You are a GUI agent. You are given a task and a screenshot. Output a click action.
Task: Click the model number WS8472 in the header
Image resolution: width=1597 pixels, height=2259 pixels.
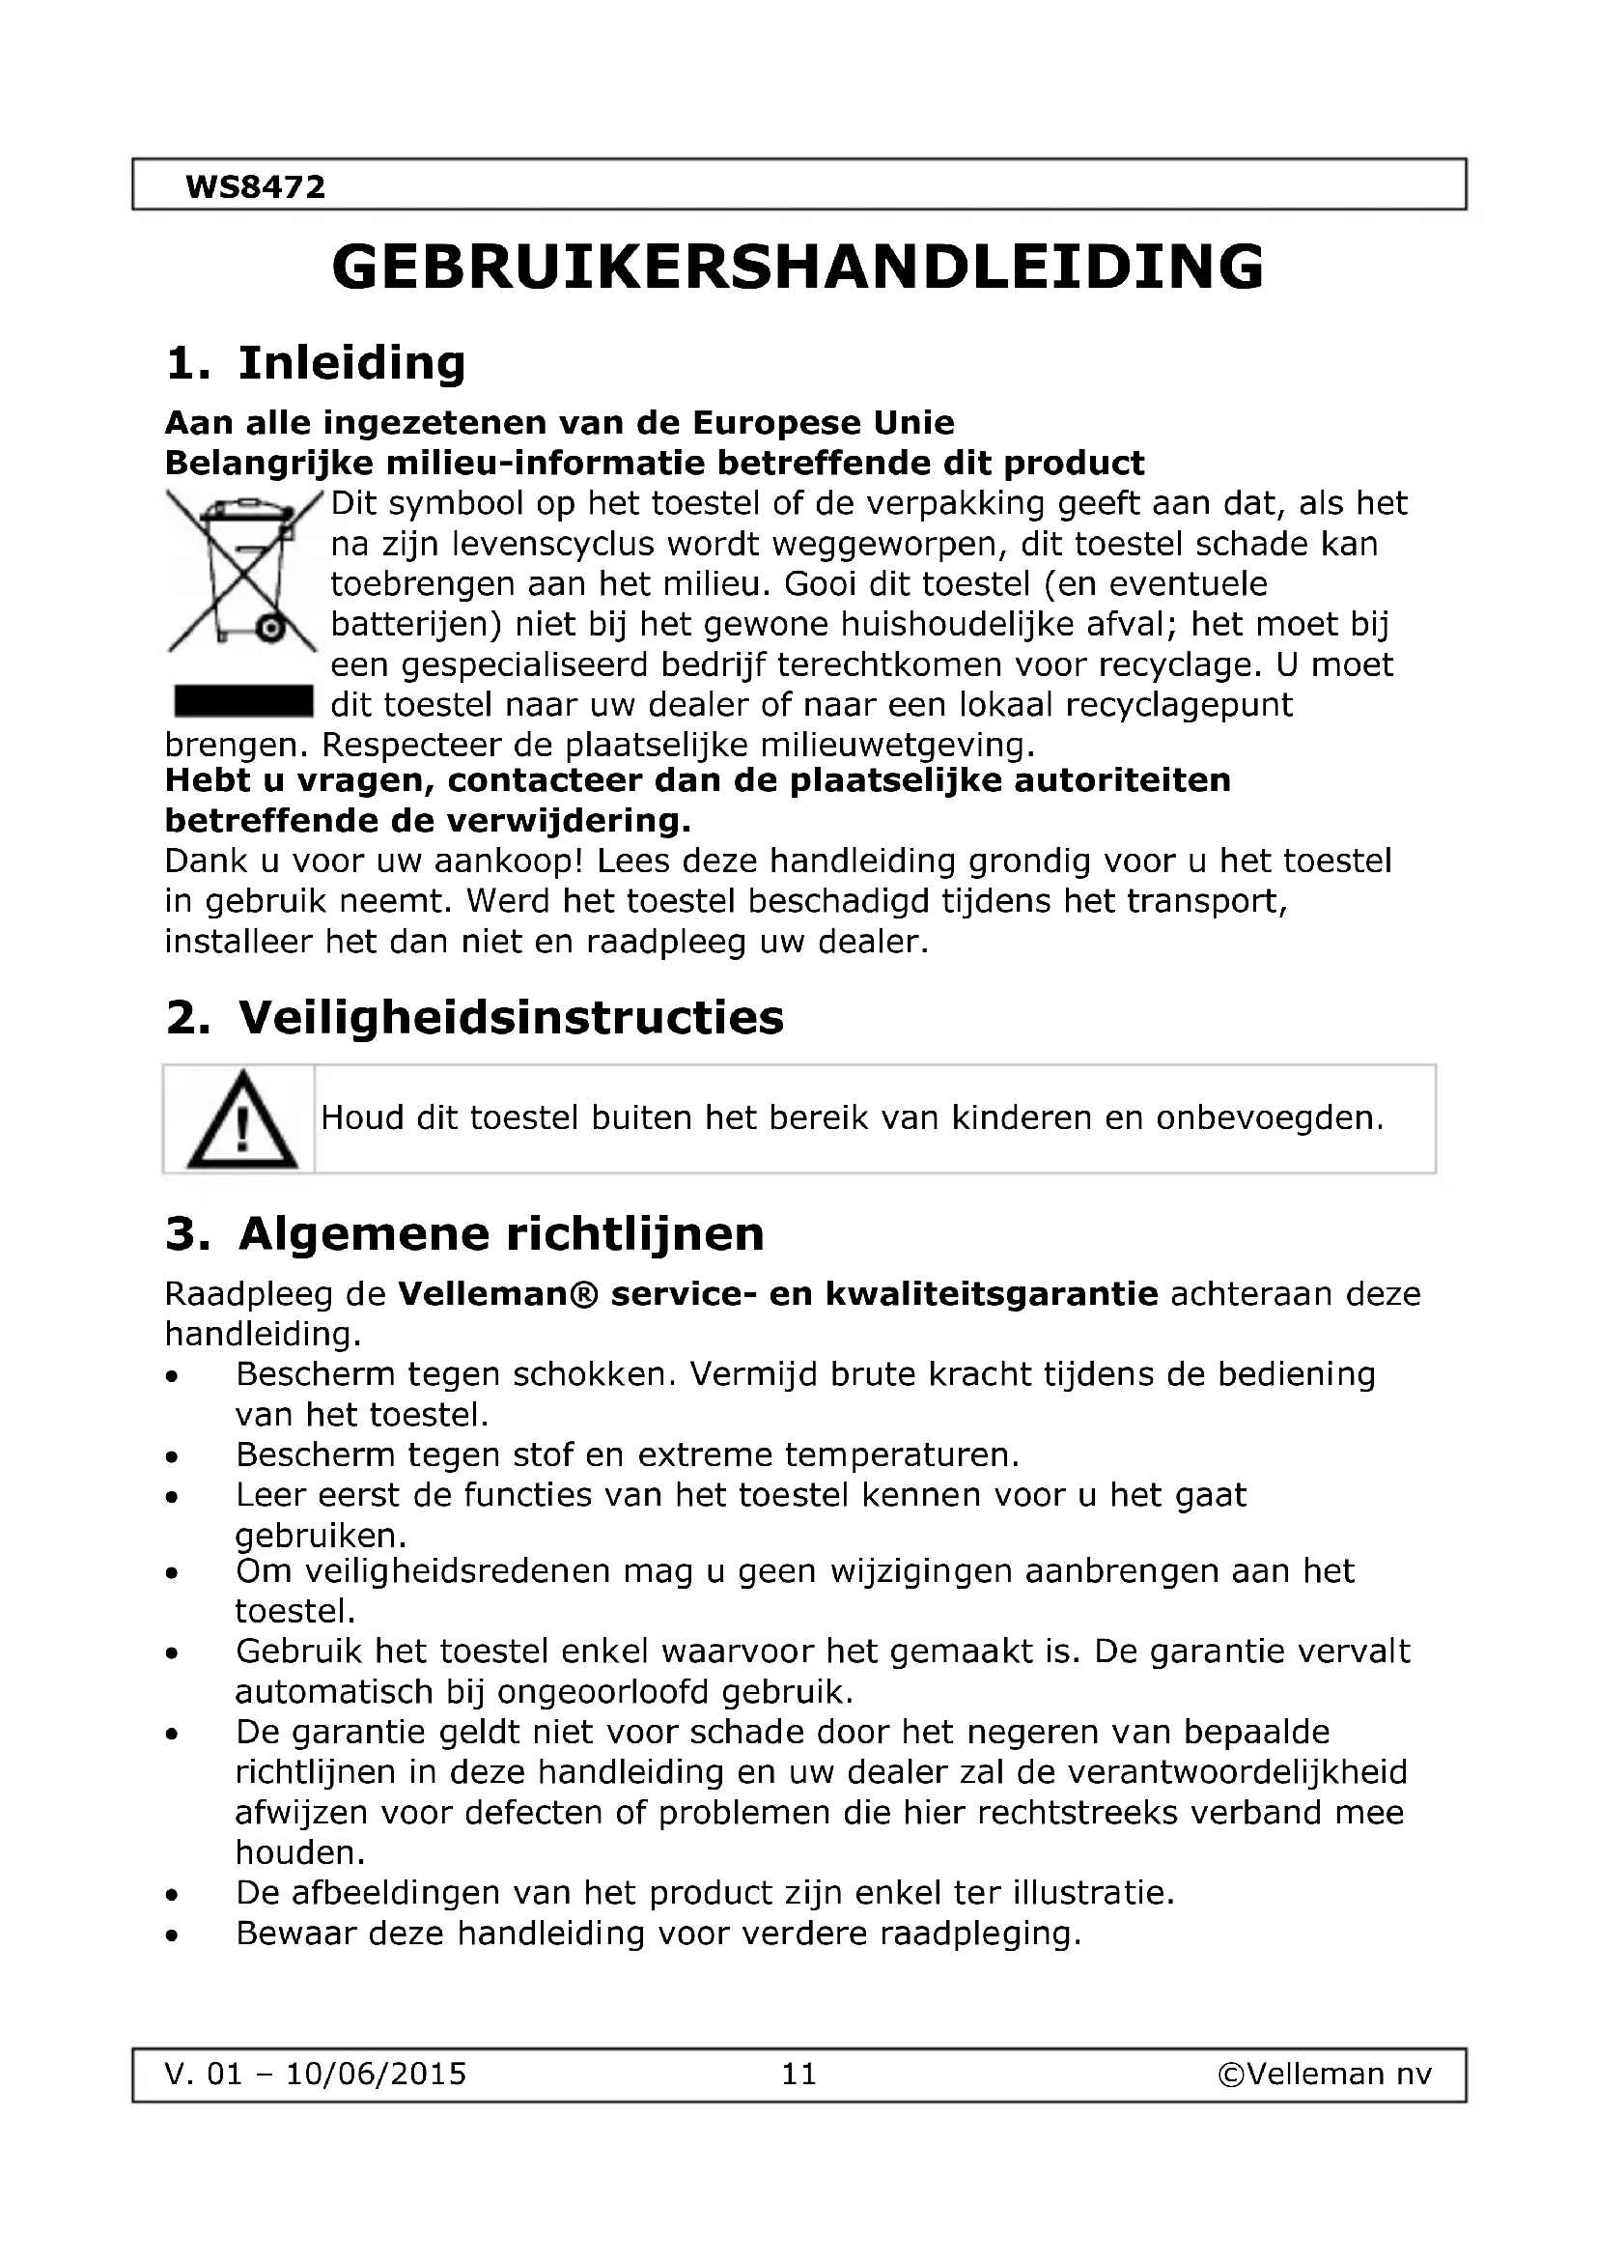point(255,187)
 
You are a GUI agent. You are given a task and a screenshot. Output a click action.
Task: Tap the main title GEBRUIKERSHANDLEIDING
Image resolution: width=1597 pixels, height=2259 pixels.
point(798,268)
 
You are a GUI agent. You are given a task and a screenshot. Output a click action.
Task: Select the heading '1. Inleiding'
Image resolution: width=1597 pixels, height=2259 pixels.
point(316,363)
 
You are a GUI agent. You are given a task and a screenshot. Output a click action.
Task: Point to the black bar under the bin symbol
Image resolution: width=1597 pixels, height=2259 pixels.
point(243,702)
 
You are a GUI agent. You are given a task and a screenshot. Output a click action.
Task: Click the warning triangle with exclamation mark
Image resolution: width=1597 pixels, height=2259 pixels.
point(241,1121)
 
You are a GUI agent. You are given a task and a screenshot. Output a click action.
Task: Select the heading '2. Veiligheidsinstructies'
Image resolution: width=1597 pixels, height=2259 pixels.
point(475,1017)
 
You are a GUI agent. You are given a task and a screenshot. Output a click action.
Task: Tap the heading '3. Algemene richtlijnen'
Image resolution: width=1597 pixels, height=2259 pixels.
point(464,1233)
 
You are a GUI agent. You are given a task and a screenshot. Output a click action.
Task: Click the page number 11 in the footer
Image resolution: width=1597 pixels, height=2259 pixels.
point(798,2074)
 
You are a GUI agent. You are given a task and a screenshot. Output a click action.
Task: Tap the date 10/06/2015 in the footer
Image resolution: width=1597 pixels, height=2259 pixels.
point(376,2074)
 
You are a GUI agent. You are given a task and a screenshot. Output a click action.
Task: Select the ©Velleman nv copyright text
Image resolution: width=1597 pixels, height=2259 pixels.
point(1325,2074)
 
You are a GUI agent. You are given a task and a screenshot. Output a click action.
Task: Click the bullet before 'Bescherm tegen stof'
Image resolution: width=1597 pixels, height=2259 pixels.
point(172,1457)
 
